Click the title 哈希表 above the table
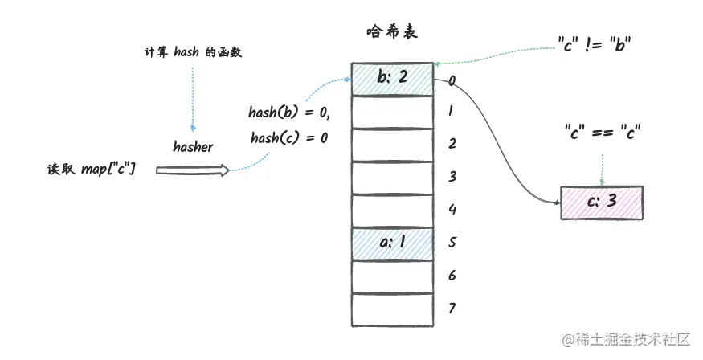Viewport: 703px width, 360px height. [x=391, y=33]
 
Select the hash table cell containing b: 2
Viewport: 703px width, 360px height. [x=392, y=79]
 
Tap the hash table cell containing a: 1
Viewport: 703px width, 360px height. [x=392, y=242]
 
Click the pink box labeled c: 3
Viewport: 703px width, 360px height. [x=602, y=202]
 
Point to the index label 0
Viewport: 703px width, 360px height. [x=452, y=80]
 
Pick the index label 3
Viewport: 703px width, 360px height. [x=452, y=177]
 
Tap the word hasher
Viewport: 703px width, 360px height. [x=193, y=147]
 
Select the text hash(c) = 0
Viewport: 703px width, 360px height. [x=288, y=137]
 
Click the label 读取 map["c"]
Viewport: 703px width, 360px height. [x=92, y=170]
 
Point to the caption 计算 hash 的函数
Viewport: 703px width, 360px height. [x=192, y=53]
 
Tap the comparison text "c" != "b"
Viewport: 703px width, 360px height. [x=594, y=45]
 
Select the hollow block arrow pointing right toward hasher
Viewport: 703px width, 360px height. [x=192, y=170]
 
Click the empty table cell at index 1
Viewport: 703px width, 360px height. [x=392, y=112]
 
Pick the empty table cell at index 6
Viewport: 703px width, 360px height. [x=392, y=276]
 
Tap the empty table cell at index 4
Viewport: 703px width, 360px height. [x=392, y=210]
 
